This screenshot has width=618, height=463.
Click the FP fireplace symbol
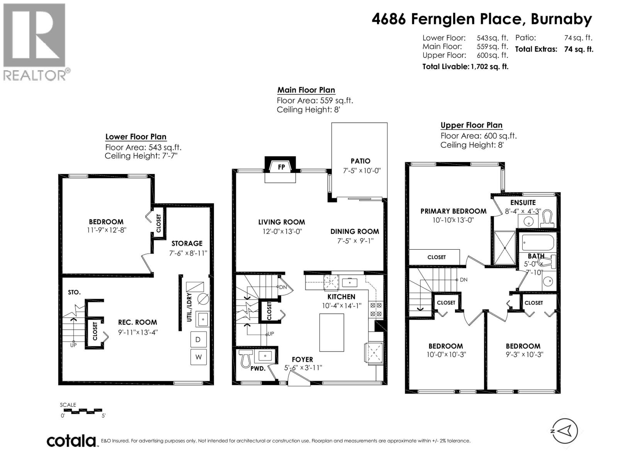point(281,167)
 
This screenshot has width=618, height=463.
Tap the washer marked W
point(198,357)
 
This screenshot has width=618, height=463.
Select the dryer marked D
point(198,340)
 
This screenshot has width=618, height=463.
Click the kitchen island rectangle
point(331,332)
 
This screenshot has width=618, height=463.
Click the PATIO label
point(360,161)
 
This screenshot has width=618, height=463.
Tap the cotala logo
point(71,441)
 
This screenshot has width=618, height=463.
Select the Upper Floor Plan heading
point(471,125)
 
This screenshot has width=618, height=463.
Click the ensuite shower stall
point(504,248)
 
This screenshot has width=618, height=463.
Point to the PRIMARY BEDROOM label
point(453,211)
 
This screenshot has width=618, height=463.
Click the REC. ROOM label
point(138,322)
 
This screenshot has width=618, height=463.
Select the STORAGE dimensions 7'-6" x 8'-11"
point(188,253)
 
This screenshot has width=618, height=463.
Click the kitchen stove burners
point(376,309)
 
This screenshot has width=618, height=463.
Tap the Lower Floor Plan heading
point(136,137)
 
